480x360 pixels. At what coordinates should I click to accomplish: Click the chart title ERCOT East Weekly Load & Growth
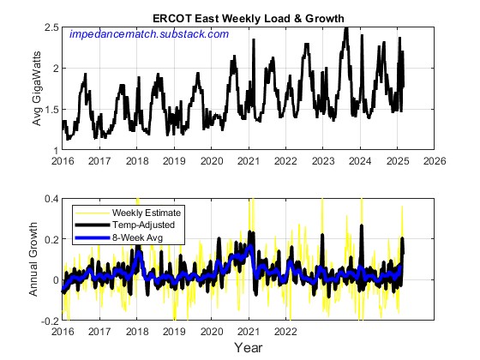point(249,18)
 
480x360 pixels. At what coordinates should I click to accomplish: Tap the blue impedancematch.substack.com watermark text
point(149,34)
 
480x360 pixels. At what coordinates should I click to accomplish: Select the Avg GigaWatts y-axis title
point(38,89)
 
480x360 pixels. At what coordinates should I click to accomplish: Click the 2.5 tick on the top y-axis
point(52,28)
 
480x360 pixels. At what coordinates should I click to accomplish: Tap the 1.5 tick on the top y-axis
point(52,110)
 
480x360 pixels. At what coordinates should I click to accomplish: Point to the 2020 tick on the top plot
point(212,160)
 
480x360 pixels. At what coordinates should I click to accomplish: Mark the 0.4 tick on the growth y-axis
point(52,199)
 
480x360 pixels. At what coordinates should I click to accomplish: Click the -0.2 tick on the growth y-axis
point(51,321)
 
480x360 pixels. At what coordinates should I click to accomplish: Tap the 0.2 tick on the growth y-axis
point(52,239)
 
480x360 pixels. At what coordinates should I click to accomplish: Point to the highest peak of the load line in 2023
point(345,28)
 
